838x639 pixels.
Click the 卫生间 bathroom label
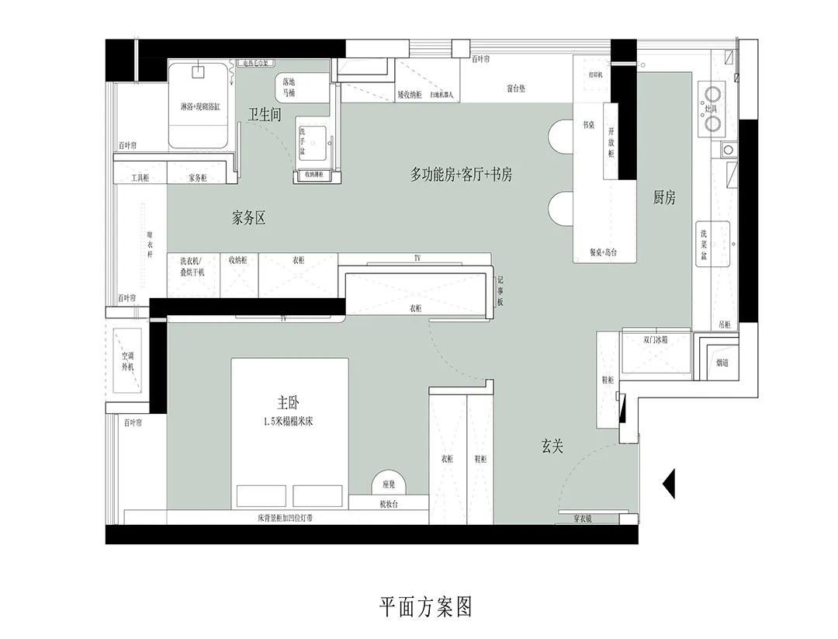[264, 115]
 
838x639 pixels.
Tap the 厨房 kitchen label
[664, 198]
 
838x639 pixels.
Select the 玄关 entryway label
[552, 446]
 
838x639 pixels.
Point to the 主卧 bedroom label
[289, 403]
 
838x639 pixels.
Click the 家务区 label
[249, 218]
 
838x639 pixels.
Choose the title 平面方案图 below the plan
[425, 606]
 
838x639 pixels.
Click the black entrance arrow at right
[669, 484]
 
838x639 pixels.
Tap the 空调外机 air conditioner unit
[126, 360]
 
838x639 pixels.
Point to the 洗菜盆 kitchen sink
[712, 244]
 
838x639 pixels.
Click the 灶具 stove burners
[711, 106]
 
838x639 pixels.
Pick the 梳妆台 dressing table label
[389, 504]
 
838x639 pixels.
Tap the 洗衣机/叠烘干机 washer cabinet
[192, 267]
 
